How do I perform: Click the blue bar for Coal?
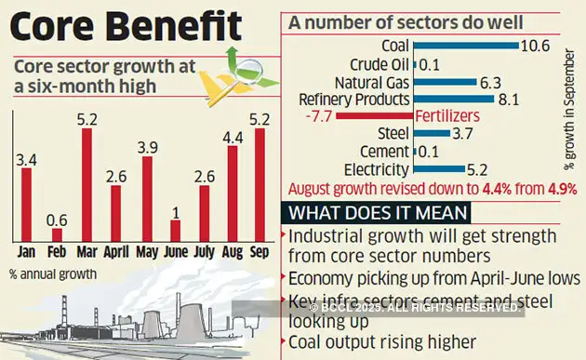tap(464, 45)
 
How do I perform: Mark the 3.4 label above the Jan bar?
tap(27, 161)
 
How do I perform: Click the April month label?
tap(115, 252)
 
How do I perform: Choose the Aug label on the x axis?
tap(232, 252)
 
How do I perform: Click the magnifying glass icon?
tap(246, 69)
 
